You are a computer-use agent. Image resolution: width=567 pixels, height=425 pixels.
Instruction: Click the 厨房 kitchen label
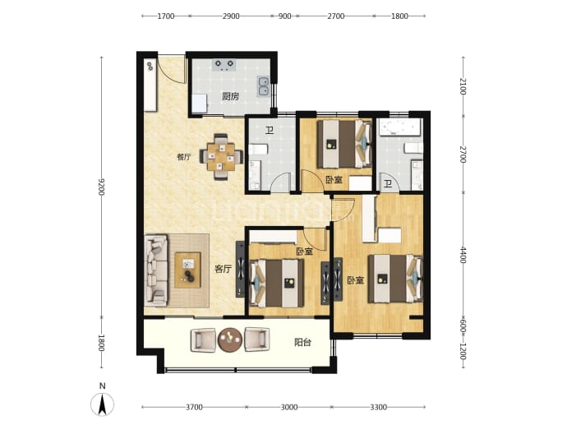(230, 96)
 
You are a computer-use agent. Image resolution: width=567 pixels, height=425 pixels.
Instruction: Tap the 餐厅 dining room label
(184, 157)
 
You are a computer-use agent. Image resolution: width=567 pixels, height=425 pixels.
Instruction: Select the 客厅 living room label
(224, 269)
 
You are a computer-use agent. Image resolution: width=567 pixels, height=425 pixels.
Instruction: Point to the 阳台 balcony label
(302, 342)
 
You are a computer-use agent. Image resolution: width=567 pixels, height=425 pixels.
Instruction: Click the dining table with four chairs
(221, 157)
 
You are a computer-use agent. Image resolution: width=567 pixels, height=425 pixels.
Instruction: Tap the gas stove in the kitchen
(224, 65)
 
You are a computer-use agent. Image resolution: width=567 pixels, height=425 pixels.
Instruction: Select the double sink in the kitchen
(264, 86)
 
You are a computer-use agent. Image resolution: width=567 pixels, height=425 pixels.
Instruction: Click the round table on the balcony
(230, 340)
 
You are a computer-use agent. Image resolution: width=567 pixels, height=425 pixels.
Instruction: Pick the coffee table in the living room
(187, 270)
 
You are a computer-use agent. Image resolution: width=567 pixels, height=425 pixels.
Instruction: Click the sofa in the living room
(156, 270)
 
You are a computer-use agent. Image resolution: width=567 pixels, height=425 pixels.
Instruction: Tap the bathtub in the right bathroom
(399, 127)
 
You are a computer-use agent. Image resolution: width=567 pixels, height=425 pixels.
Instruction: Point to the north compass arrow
(103, 404)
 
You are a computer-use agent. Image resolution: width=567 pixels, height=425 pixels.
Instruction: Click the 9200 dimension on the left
(101, 187)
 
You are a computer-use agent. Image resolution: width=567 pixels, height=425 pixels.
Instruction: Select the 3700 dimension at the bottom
(194, 407)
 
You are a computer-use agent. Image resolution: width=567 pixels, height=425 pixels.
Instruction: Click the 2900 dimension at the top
(231, 16)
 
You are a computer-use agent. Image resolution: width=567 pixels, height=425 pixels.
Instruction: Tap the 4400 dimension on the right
(463, 255)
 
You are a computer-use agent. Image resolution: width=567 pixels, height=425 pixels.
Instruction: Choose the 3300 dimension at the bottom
(378, 407)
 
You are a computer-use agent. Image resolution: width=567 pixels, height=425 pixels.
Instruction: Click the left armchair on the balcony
(203, 340)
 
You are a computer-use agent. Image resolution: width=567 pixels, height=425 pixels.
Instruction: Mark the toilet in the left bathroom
(259, 149)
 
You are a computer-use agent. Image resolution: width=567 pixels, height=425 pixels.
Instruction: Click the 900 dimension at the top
(285, 16)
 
